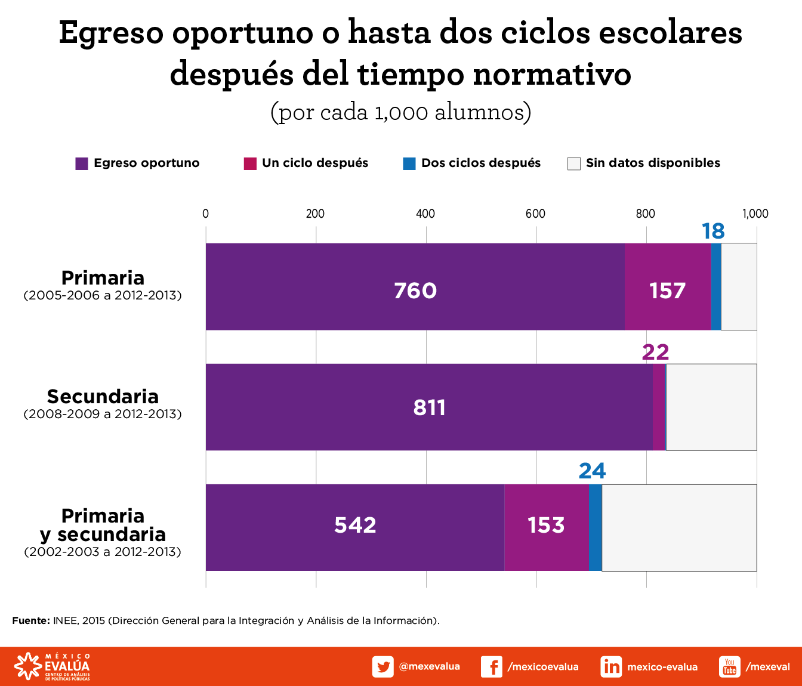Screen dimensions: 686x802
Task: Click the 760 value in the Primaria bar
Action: point(415,291)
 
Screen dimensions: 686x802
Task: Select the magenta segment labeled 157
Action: point(667,291)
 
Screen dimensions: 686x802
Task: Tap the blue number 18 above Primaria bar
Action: point(712,231)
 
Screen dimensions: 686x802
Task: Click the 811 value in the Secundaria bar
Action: point(429,407)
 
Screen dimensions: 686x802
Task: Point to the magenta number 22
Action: point(655,352)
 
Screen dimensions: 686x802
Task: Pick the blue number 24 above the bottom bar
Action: point(592,471)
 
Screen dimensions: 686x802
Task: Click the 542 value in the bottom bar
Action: point(355,525)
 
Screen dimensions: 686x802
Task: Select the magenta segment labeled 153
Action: point(546,525)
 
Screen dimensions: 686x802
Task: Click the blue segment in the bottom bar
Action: point(595,527)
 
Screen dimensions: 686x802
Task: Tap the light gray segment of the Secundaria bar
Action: point(711,407)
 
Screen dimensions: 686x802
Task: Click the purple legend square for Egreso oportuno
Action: point(82,163)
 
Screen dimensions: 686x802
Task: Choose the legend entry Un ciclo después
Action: point(314,163)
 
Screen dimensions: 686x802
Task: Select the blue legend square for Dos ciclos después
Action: point(409,163)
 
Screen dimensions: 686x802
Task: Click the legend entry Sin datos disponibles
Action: point(652,163)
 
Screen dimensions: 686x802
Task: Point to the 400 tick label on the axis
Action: point(425,214)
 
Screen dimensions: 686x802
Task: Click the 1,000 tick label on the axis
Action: point(755,214)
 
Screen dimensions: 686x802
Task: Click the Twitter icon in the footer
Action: point(383,666)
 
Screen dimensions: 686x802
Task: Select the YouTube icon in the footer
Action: point(729,666)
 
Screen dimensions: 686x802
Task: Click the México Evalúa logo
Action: point(53,666)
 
